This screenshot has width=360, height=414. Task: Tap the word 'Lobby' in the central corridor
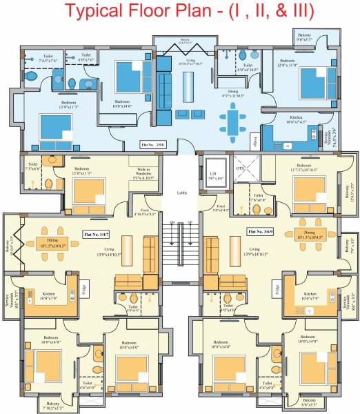tap(181, 193)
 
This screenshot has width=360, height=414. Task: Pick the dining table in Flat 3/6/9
tap(308, 233)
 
